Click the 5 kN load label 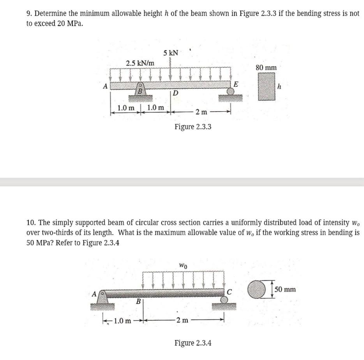170,53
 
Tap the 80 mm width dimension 266,68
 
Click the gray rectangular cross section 266,87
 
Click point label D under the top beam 175,94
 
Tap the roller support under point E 231,92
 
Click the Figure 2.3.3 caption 193,126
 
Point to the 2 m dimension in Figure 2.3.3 201,112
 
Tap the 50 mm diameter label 285,290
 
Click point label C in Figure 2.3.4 230,292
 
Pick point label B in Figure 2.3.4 138,301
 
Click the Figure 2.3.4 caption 193,343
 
